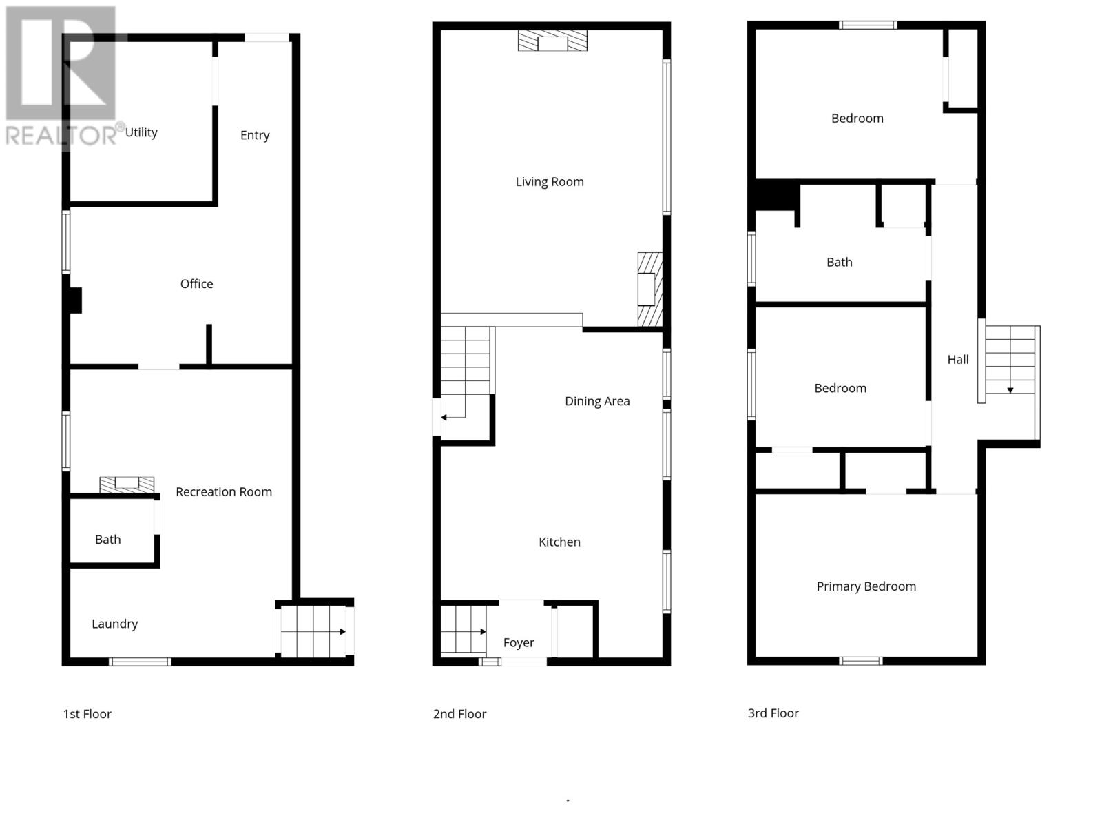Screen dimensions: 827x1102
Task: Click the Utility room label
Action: coord(141,132)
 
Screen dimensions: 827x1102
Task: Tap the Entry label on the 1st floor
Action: coord(255,135)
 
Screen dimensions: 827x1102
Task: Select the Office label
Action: coord(196,284)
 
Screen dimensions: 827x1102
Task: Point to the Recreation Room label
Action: coord(224,492)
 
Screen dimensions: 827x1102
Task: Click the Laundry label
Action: coord(115,624)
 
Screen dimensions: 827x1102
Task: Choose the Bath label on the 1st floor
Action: coord(108,540)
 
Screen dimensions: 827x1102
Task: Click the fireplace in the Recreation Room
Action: coord(127,484)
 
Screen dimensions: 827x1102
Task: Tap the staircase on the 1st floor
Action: coord(314,631)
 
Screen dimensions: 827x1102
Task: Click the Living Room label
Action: coord(550,182)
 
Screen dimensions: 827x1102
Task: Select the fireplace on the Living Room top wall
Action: coord(553,41)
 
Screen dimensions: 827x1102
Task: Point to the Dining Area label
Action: coord(597,401)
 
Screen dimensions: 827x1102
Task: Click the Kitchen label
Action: coord(559,542)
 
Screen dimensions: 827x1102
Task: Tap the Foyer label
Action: coord(519,643)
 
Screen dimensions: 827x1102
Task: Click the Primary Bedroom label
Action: coord(866,586)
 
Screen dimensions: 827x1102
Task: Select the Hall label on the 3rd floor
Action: coord(958,360)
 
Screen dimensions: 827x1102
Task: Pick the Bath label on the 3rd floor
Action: coord(840,263)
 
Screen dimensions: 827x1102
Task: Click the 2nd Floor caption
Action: coord(459,714)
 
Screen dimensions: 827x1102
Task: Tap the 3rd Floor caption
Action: coord(773,713)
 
